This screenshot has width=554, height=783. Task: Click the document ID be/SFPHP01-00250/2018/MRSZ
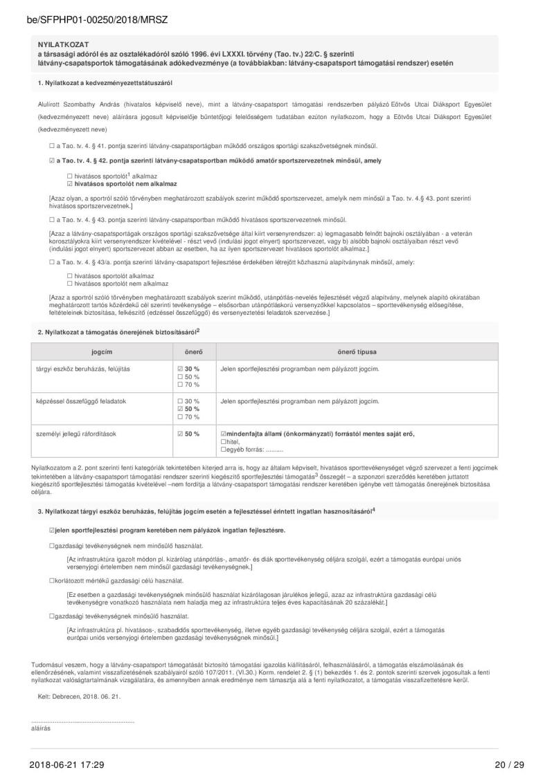pos(98,21)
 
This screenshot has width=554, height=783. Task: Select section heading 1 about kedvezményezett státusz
pos(105,83)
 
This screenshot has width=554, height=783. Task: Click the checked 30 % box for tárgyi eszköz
pos(180,369)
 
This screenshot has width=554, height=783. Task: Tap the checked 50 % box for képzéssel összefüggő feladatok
pos(180,409)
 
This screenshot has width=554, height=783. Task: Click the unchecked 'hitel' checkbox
pos(223,442)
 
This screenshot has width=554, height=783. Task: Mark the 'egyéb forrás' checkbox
pos(223,450)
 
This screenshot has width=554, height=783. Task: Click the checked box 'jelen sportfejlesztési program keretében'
pos(52,531)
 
